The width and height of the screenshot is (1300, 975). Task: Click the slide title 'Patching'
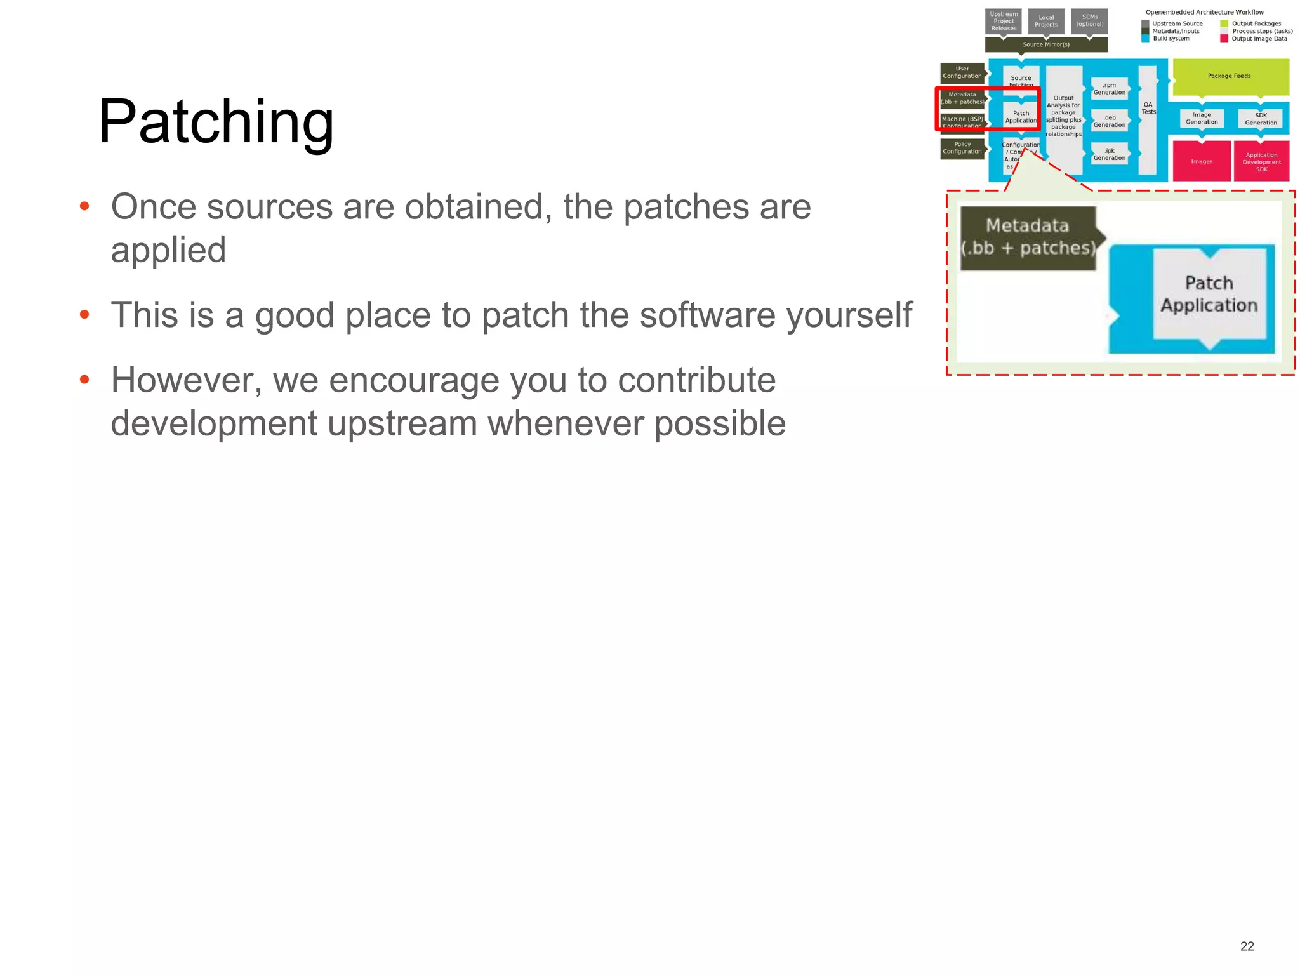[216, 122]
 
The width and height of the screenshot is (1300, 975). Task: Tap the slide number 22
[1247, 946]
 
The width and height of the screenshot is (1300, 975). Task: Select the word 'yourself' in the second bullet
[849, 315]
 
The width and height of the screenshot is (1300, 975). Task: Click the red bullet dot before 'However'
[84, 380]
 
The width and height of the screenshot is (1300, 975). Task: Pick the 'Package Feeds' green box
[1230, 76]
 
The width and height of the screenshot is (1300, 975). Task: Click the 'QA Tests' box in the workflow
[1148, 120]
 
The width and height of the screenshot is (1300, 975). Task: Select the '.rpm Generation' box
[1109, 89]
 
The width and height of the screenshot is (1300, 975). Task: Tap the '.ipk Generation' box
[1109, 154]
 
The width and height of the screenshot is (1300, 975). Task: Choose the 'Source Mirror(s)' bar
[1045, 44]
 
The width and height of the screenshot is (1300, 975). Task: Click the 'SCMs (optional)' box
[1089, 21]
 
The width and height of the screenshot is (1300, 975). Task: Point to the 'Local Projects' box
[1045, 22]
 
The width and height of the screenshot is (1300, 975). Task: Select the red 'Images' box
[1201, 161]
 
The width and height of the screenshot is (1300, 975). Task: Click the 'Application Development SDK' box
[1261, 162]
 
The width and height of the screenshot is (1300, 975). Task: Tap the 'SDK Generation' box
[1260, 119]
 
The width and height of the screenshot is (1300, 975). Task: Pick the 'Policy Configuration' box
[962, 148]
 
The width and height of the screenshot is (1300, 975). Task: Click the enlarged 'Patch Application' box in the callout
[1209, 294]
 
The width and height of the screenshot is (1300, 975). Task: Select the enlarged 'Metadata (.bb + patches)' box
[1028, 237]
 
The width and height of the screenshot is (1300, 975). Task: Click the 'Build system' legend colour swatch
[1145, 39]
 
